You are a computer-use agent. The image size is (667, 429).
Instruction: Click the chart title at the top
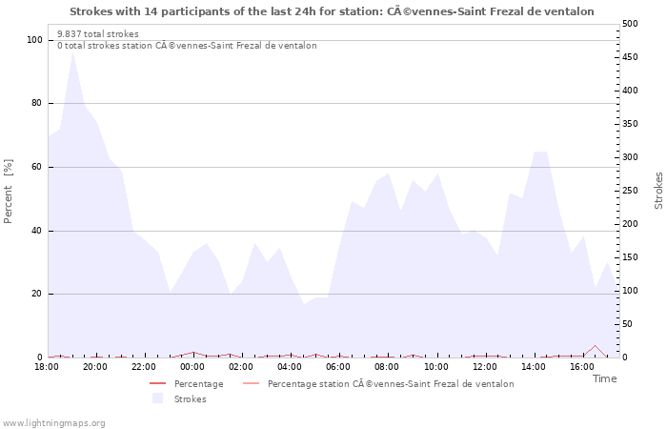coord(332,11)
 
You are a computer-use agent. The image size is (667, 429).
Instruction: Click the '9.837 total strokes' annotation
coord(98,34)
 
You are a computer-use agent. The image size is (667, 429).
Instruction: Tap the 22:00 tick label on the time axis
coord(144,367)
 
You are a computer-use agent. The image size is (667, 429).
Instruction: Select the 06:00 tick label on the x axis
coord(338,367)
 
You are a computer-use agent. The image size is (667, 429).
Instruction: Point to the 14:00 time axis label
coord(534,367)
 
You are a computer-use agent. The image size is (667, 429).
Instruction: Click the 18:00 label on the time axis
coord(47,367)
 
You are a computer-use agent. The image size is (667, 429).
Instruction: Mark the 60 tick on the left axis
coord(37,167)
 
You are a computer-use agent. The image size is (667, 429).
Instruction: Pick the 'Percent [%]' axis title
coord(9,191)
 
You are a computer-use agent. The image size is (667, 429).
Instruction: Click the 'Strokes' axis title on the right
coord(658,191)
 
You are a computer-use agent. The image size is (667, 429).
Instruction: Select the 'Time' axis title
coord(604,378)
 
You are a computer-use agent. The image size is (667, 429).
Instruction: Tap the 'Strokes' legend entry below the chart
coord(190,399)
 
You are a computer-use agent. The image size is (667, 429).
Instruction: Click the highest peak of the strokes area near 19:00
coord(72,51)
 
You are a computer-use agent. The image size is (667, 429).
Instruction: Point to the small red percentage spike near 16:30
coord(595,346)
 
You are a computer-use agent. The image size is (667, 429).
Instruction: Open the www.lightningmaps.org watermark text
coord(53,423)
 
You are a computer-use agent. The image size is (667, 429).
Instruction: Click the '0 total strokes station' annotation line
coord(187,46)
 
